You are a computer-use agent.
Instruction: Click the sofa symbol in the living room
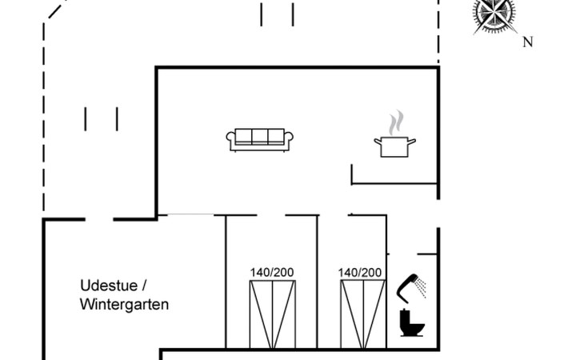261,139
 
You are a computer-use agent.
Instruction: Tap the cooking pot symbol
394,146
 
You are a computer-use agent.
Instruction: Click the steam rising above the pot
394,124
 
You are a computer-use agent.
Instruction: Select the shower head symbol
409,284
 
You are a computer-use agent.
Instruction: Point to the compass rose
494,14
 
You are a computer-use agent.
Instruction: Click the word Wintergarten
124,305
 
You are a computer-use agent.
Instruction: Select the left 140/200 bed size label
272,272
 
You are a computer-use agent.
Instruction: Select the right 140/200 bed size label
360,272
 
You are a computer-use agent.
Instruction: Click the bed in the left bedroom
272,314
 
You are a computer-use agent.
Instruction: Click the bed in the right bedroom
360,314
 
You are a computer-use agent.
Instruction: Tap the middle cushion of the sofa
261,137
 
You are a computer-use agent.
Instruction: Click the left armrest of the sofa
231,140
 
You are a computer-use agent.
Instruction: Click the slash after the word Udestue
144,286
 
